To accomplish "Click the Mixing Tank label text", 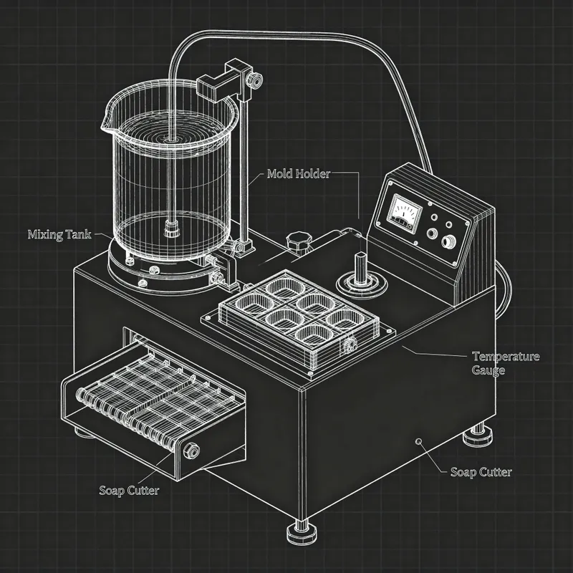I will click(x=59, y=234).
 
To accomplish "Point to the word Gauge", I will click(x=488, y=370).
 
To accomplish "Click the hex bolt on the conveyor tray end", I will click(x=192, y=451).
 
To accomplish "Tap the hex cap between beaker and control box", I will click(x=296, y=241).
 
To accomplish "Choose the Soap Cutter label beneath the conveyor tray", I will click(x=129, y=490).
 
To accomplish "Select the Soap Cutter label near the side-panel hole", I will click(x=481, y=472).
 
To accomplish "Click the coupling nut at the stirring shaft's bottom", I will click(x=171, y=231).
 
